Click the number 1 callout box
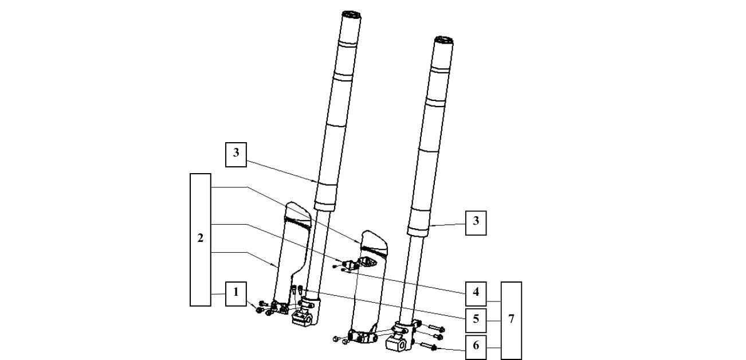coord(236,294)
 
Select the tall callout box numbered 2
coord(200,240)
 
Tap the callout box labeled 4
coord(476,294)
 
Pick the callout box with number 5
coord(476,320)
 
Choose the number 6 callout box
coord(476,347)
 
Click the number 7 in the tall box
coord(511,319)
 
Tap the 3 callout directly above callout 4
coord(476,222)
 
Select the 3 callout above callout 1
coord(236,154)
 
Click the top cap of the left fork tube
coord(351,14)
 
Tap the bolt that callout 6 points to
coord(428,346)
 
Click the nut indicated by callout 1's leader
coord(259,310)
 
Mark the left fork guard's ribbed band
coord(297,222)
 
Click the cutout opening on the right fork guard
coord(367,261)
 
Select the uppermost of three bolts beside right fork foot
coord(436,328)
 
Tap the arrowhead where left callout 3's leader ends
coord(317,181)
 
